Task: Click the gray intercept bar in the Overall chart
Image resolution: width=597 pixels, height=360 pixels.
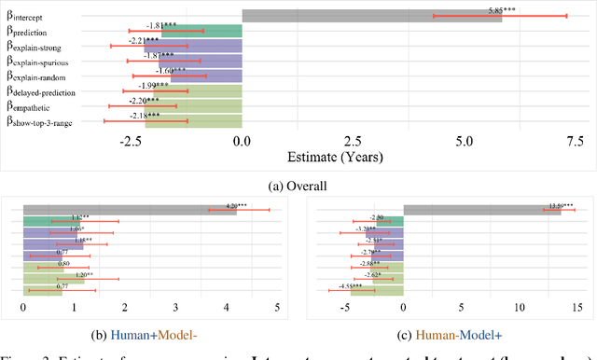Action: tap(371, 16)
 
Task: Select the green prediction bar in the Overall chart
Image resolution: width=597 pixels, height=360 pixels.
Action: tap(201, 31)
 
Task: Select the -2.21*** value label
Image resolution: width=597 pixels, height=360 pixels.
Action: tap(148, 41)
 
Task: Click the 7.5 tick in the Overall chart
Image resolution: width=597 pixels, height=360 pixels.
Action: tap(576, 142)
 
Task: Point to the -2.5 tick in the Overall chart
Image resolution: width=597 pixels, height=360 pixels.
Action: tap(129, 142)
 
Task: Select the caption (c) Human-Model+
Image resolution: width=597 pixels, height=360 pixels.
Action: tap(448, 333)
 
